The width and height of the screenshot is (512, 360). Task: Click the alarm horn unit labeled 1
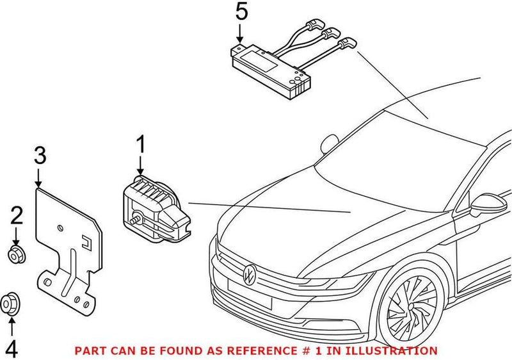point(154,205)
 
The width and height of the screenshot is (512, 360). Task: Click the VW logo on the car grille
point(250,274)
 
